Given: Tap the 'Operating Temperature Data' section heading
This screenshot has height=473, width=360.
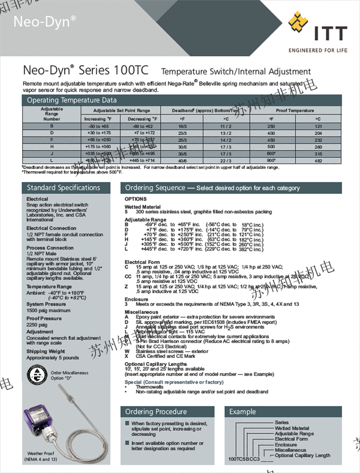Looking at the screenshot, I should pyautogui.click(x=72, y=100).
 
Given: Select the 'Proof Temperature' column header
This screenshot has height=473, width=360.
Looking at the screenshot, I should pyautogui.click(x=295, y=110).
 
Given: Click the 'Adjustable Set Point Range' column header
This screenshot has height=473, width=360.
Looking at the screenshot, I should pyautogui.click(x=122, y=110).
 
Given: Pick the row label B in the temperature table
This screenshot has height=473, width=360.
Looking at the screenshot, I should pyautogui.click(x=52, y=126).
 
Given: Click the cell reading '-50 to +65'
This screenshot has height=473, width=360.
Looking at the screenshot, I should pyautogui.click(x=99, y=126).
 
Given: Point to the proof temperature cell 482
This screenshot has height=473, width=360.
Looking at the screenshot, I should pyautogui.click(x=318, y=160).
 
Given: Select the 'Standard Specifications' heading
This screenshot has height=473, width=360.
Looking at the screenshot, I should pyautogui.click(x=63, y=188).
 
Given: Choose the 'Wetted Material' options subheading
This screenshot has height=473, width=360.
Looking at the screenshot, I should pyautogui.click(x=142, y=207).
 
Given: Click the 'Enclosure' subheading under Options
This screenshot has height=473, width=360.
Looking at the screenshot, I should pyautogui.click(x=136, y=299).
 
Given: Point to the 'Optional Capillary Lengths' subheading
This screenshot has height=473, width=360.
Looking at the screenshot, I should pyautogui.click(x=156, y=364).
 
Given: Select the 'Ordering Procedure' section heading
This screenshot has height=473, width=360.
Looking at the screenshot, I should pyautogui.click(x=156, y=411).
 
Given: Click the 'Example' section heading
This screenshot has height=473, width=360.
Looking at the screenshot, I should pyautogui.click(x=242, y=411).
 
